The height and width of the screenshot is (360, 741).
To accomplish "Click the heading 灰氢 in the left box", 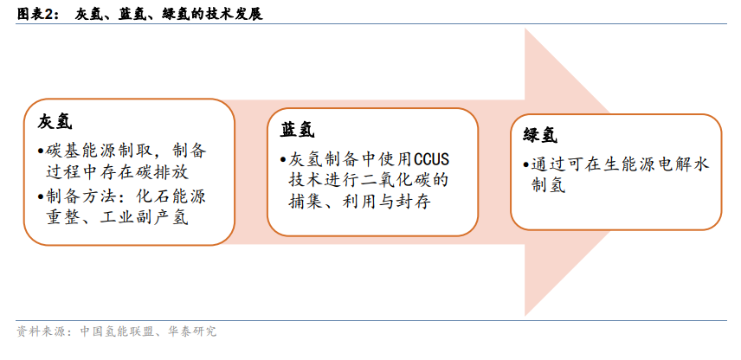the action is pyautogui.click(x=55, y=121).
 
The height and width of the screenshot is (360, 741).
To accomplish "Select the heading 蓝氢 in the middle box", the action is pyautogui.click(x=298, y=130).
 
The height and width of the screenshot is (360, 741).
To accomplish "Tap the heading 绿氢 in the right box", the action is pyautogui.click(x=540, y=136).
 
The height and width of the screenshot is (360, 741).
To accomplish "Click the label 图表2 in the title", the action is pyautogui.click(x=35, y=14).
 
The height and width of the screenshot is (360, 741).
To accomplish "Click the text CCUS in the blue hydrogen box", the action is pyautogui.click(x=431, y=159).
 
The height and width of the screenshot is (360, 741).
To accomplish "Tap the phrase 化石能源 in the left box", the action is pyautogui.click(x=172, y=196).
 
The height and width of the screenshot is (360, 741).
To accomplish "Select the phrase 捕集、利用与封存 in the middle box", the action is pyautogui.click(x=359, y=202).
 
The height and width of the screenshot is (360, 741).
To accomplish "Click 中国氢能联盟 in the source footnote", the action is pyautogui.click(x=117, y=331).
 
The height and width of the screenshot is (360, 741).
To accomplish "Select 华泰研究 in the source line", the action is pyautogui.click(x=191, y=331).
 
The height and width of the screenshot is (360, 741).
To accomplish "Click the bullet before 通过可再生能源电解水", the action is pyautogui.click(x=525, y=165).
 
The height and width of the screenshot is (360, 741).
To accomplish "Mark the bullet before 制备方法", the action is pyautogui.click(x=41, y=196).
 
